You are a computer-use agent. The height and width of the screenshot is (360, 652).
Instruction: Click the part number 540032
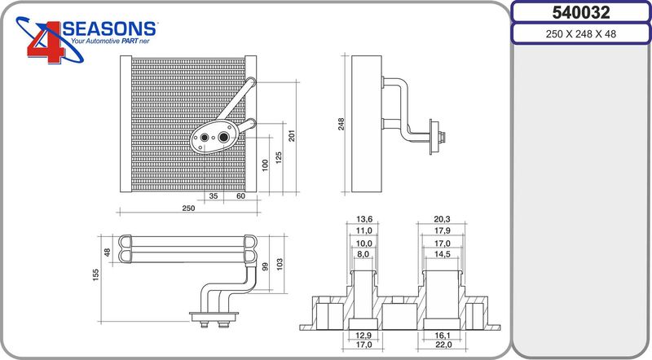(581, 12)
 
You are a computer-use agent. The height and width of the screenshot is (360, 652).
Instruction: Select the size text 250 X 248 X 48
(581, 34)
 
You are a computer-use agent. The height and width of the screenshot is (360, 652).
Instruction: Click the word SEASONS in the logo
(109, 29)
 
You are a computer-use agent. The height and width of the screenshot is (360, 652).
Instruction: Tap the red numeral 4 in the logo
(46, 42)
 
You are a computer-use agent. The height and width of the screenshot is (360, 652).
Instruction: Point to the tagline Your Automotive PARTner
(110, 42)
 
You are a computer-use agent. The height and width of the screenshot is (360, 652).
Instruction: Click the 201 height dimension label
(292, 136)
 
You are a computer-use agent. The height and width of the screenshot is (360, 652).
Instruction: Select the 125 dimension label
(279, 157)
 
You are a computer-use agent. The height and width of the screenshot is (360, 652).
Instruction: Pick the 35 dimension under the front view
(214, 195)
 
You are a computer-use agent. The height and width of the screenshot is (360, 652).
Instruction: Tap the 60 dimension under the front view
(240, 195)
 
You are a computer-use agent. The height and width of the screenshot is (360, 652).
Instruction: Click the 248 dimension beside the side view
(341, 124)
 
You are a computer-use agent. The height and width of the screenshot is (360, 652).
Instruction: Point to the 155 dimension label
(96, 275)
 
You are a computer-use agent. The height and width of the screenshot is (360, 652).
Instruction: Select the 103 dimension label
(280, 264)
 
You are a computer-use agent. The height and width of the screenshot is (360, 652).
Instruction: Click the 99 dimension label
(266, 266)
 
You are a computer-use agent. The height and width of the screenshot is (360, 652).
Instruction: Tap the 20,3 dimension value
(442, 219)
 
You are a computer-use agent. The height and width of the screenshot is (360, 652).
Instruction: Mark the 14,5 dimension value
(442, 254)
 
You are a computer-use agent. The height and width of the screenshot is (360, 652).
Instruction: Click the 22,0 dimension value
(443, 345)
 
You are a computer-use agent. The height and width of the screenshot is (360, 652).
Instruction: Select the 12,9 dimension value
(363, 336)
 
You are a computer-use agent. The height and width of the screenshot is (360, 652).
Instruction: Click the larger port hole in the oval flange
(223, 137)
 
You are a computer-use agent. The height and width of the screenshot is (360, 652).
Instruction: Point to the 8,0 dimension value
(363, 254)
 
